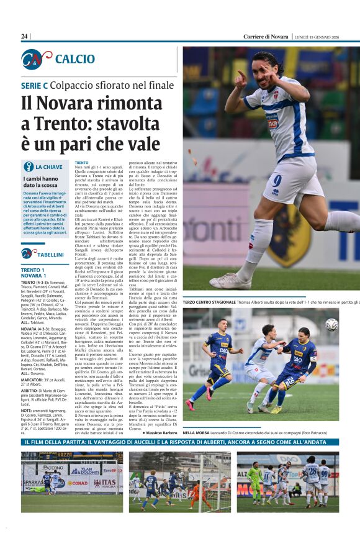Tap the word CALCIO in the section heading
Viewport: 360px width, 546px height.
pyautogui.click(x=74, y=59)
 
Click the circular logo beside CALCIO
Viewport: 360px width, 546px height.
pyautogui.click(x=37, y=59)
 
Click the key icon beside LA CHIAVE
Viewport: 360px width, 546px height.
pyautogui.click(x=28, y=167)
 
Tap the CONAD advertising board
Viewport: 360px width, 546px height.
pyautogui.click(x=78, y=483)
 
